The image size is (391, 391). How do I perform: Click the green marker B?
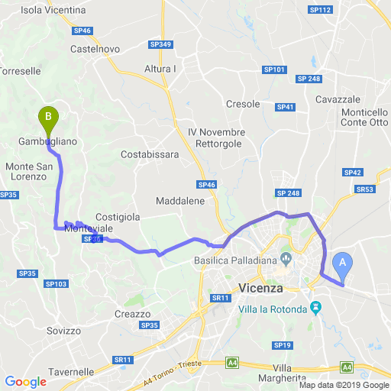click(48, 117)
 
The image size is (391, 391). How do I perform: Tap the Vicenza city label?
click(260, 289)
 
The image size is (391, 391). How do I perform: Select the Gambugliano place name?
click(47, 141)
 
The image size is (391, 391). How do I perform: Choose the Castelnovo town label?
click(95, 49)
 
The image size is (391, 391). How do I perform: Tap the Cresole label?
click(244, 104)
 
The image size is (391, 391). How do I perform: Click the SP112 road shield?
click(321, 10)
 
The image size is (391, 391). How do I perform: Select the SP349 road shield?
click(161, 45)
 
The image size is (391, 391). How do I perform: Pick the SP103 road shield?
click(56, 284)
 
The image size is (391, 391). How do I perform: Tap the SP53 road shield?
click(365, 189)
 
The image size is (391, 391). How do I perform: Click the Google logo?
click(25, 382)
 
